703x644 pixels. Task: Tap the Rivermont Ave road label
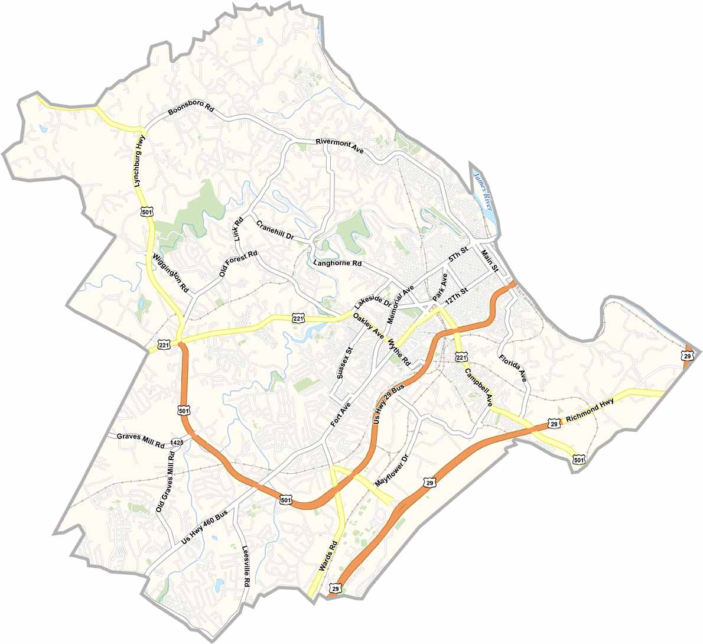click(x=339, y=146)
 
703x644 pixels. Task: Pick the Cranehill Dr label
click(x=275, y=229)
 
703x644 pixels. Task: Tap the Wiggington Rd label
click(x=170, y=273)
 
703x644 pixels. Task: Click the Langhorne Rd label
click(x=338, y=262)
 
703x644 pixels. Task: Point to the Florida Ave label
click(x=512, y=368)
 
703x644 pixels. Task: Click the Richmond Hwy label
click(x=590, y=411)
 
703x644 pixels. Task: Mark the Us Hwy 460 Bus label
click(x=204, y=527)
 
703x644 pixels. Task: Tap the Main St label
click(x=490, y=261)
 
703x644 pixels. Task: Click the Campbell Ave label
click(x=479, y=387)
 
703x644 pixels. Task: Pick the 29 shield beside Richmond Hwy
click(x=553, y=424)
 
